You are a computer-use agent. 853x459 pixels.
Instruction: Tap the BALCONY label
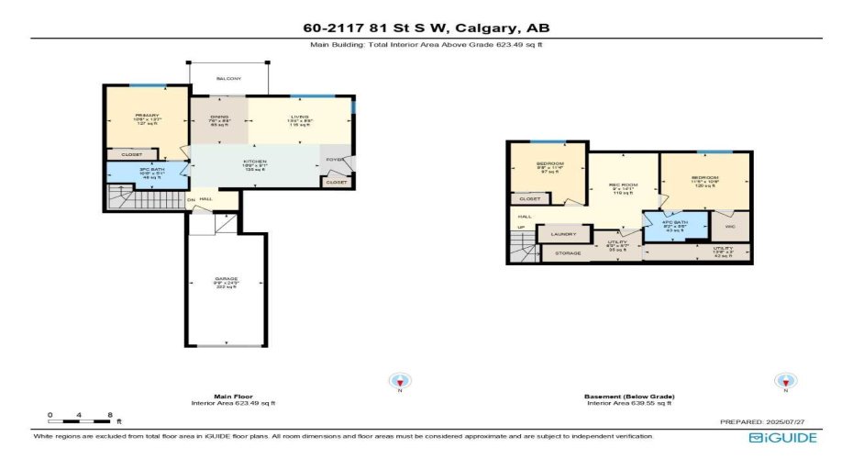(x=228, y=79)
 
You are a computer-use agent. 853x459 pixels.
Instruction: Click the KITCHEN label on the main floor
(x=254, y=161)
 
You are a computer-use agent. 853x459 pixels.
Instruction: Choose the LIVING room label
(x=299, y=117)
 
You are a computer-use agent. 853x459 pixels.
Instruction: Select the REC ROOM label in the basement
(x=623, y=185)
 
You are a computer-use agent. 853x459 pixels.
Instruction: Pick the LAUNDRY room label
(x=563, y=234)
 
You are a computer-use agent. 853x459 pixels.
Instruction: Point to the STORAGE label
(x=568, y=252)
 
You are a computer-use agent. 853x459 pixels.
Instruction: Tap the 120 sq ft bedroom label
(x=705, y=177)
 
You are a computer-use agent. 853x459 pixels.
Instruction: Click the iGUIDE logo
(x=782, y=438)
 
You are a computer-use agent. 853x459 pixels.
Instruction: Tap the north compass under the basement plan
(x=784, y=380)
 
